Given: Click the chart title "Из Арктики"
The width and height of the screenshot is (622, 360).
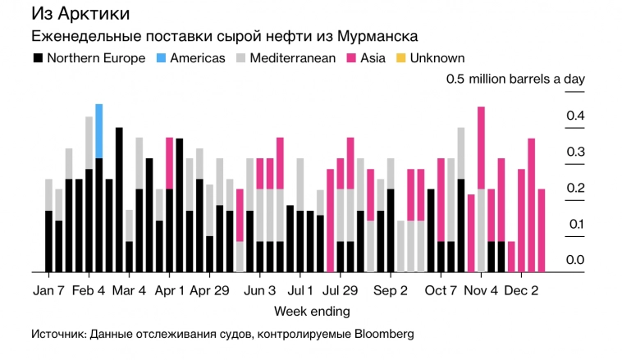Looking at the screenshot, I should [x=80, y=15].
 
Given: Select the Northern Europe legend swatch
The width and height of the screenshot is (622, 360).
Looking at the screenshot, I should [x=38, y=58].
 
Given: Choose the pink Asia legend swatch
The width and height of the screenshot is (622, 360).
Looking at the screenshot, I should [x=352, y=58].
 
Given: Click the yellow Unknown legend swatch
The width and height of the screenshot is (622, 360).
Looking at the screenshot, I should [x=400, y=58].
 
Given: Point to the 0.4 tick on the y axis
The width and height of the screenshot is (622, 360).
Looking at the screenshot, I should [x=574, y=116].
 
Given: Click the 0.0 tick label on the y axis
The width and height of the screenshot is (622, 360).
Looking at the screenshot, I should [x=574, y=261].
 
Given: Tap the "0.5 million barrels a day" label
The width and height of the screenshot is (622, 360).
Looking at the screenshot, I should [x=515, y=80].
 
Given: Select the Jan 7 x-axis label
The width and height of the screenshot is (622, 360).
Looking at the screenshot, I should [x=48, y=290].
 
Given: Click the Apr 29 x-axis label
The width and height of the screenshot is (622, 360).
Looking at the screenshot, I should [x=209, y=290].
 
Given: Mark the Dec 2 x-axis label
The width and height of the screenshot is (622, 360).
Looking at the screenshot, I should [x=521, y=290].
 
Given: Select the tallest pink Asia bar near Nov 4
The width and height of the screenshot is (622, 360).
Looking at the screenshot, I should [x=481, y=148].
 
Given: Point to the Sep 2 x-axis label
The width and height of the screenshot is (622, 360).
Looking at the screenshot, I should [x=391, y=290].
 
